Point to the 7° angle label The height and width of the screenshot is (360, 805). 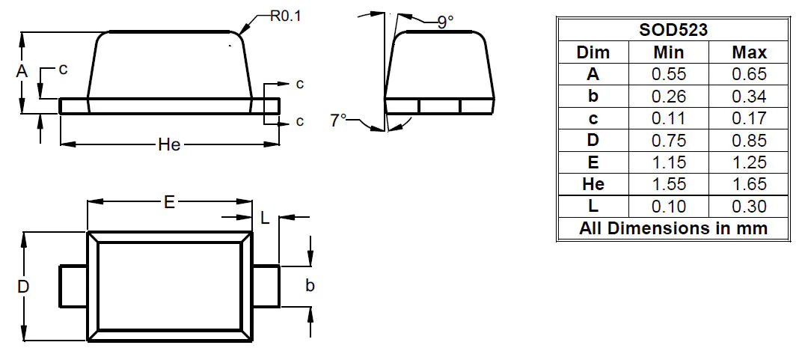pos(339,120)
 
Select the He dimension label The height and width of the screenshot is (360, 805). pos(169,144)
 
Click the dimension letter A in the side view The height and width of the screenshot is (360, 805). pos(22,72)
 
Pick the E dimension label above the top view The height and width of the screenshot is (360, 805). pos(169,202)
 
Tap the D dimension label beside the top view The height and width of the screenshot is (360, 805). pos(23,287)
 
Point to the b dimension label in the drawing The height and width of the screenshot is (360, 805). pos(310,286)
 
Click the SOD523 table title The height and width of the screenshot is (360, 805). pos(673,31)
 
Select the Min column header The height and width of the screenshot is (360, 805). pos(668,52)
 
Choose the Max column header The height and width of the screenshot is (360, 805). pos(749,52)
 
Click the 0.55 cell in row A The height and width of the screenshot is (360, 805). pos(668,74)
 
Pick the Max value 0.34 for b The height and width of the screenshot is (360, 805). pos(749,96)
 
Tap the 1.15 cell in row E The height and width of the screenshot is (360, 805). pos(668,162)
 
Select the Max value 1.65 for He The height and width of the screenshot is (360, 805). pos(749,183)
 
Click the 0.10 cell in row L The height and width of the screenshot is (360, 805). pos(668,206)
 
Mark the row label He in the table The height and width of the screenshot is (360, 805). pos(593,183)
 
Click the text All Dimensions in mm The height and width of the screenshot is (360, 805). pos(673,228)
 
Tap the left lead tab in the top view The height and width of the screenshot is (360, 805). pos(74,286)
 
